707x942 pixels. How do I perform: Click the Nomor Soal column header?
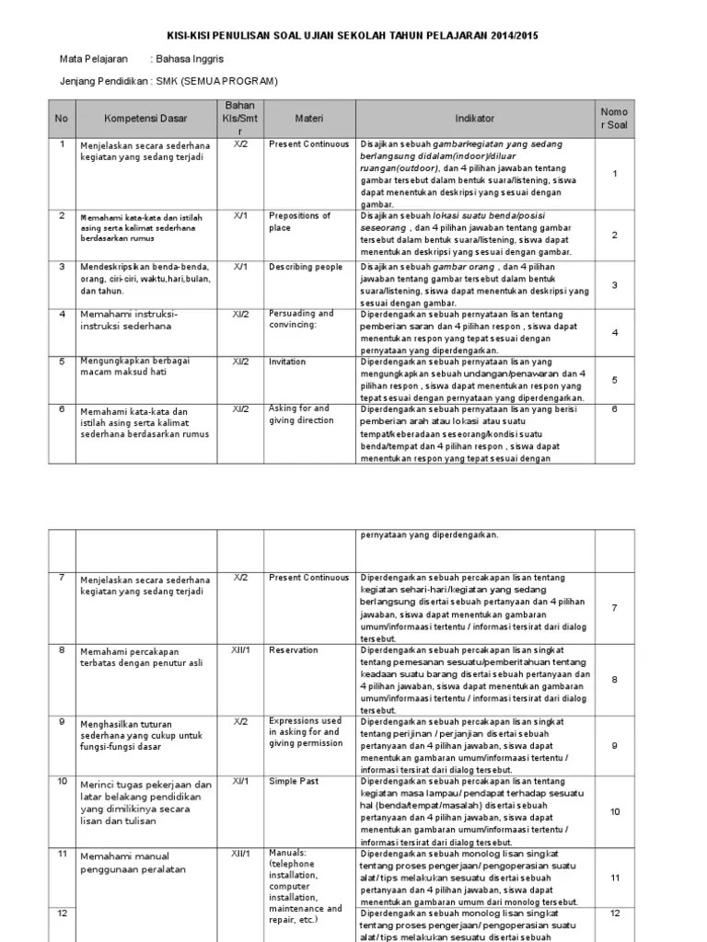coord(614,118)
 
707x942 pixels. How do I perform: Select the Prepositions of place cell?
coord(299,222)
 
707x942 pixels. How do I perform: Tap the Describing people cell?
coord(305,266)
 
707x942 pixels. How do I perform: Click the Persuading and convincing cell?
coord(301,319)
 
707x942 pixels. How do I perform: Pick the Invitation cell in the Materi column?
coord(287,362)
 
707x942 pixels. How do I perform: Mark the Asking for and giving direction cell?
coord(299,415)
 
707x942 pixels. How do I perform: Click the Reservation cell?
coord(293,650)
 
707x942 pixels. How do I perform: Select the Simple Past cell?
coord(294,781)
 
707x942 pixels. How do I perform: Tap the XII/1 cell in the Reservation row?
coord(240,650)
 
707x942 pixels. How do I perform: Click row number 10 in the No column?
coord(62,781)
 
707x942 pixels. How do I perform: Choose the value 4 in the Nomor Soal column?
coord(614,332)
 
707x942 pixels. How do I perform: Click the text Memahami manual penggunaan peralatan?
coord(133,863)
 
